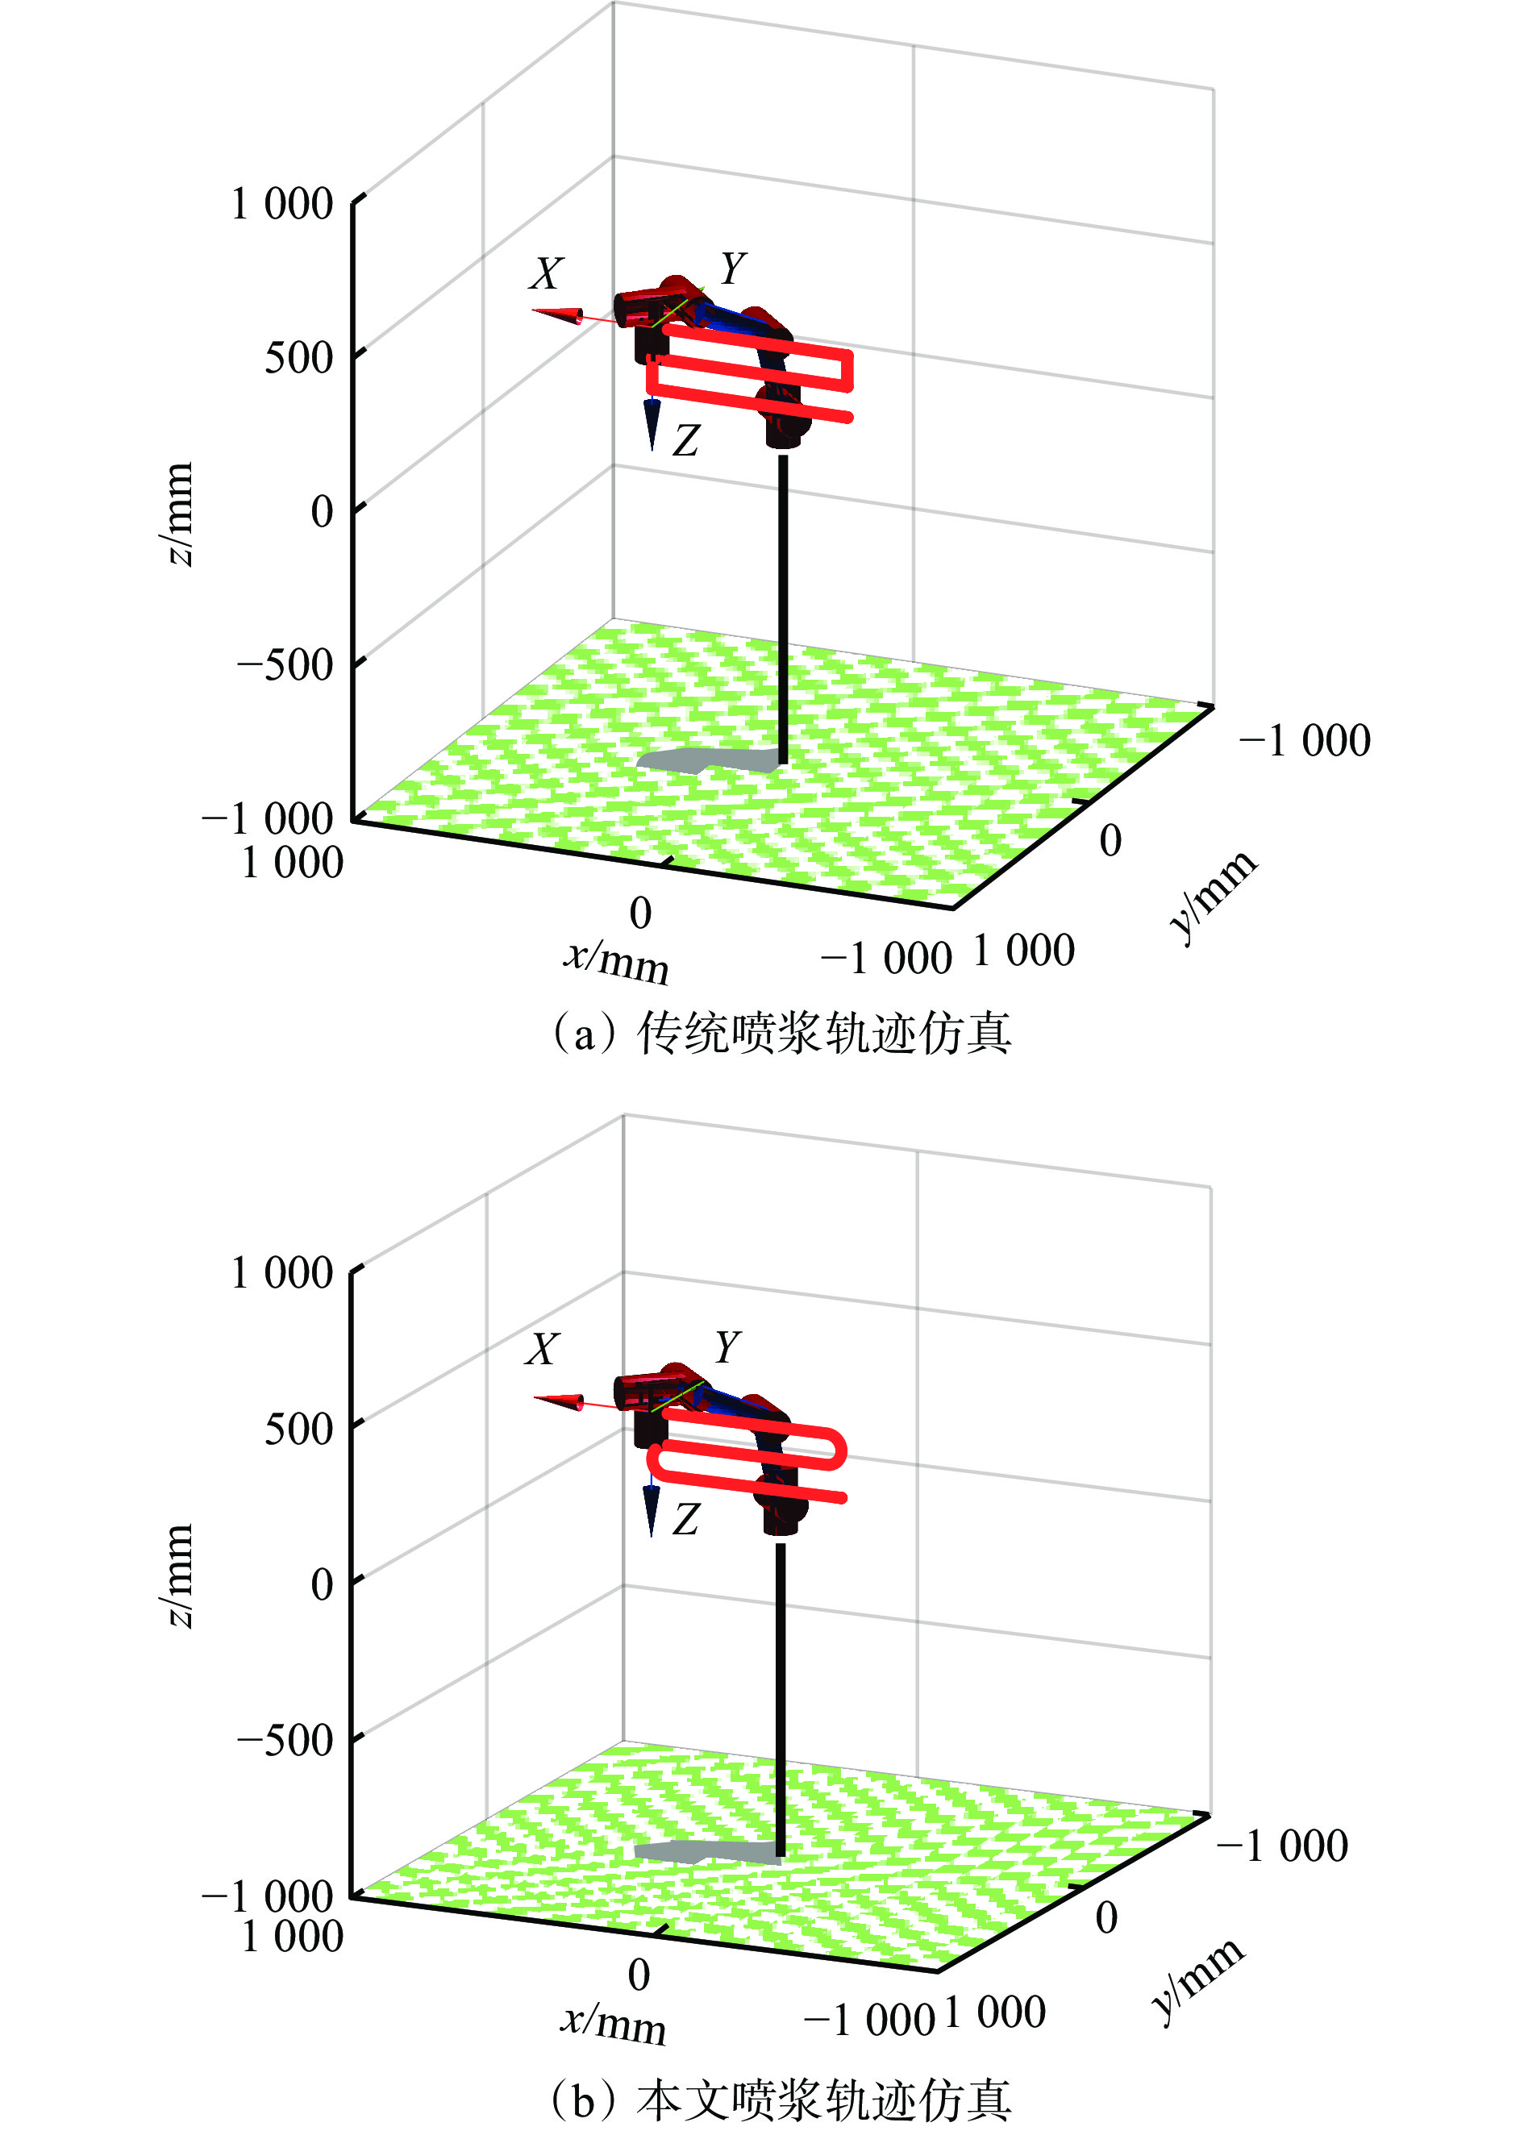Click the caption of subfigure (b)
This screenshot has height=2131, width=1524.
(x=781, y=2100)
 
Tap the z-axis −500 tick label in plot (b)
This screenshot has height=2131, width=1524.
(x=285, y=1739)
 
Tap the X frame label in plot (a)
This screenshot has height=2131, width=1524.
(x=546, y=273)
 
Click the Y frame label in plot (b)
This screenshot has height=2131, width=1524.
(x=728, y=1347)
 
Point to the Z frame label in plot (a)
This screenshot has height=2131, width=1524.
(x=686, y=440)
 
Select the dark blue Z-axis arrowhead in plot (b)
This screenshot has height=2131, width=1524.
(x=652, y=1511)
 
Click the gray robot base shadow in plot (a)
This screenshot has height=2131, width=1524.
(x=704, y=760)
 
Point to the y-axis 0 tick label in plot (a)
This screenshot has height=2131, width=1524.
(x=1110, y=841)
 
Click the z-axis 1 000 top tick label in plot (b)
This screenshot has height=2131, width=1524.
(x=281, y=1273)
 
